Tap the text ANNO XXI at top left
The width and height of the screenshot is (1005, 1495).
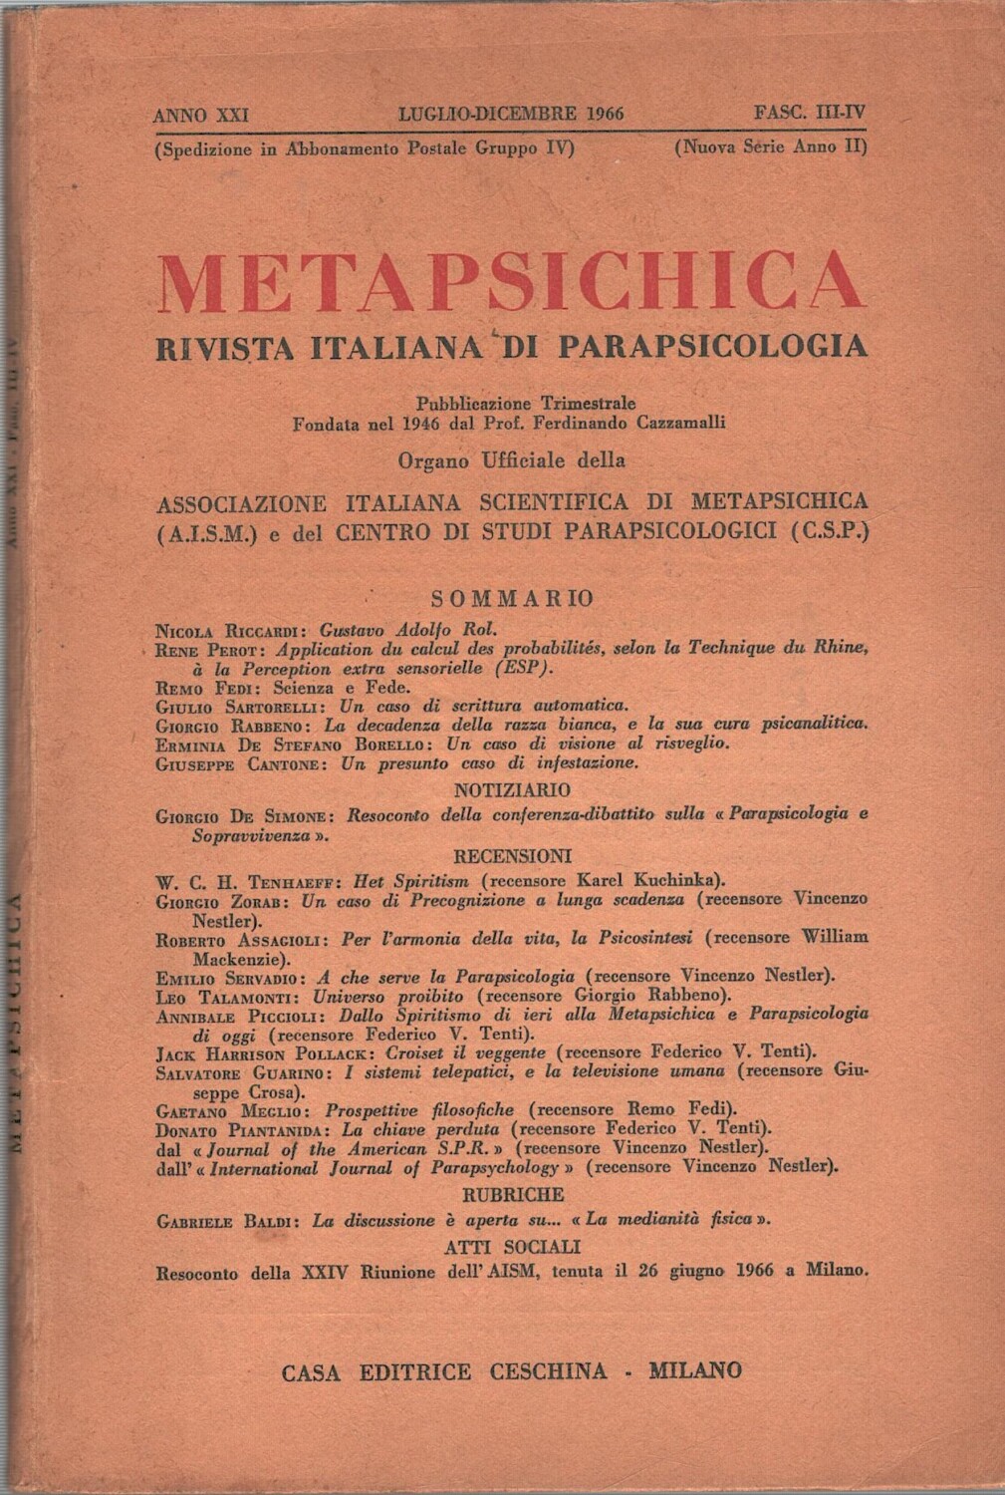(x=200, y=115)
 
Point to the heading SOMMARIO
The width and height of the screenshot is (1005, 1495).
(x=512, y=598)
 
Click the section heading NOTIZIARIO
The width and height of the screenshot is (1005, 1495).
(x=512, y=790)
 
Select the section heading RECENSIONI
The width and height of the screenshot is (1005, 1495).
(x=512, y=855)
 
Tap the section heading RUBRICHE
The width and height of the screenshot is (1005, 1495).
(x=512, y=1194)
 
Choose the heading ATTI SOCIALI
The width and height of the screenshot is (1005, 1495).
(x=512, y=1247)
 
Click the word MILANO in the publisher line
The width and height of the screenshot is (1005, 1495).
(x=695, y=1370)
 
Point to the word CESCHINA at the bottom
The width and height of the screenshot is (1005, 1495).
(x=548, y=1370)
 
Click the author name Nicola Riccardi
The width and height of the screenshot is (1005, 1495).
(x=232, y=629)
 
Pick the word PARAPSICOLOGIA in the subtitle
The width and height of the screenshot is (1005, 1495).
(x=713, y=346)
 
